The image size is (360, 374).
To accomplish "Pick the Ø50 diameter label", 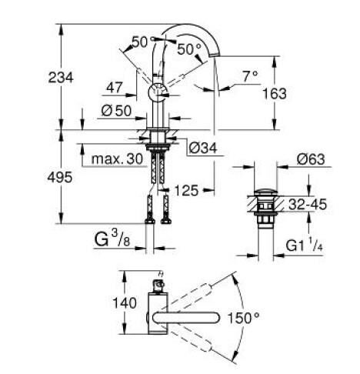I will click(x=115, y=109).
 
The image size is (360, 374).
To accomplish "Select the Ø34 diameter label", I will click(x=201, y=146).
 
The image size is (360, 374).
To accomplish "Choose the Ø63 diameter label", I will click(x=308, y=159).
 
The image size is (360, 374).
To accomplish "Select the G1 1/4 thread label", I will click(x=308, y=246).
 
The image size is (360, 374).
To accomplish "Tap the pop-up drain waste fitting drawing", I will click(x=265, y=203).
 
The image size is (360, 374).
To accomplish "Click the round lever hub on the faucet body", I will click(x=156, y=93).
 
